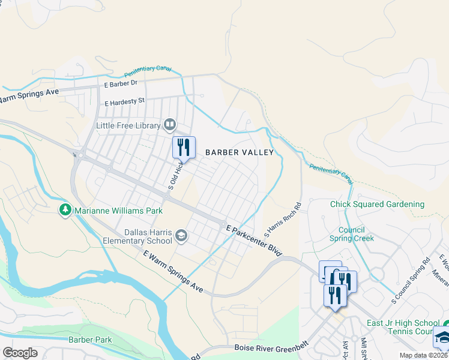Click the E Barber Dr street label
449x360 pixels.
coord(121,85)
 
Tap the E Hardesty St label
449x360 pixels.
coord(125,102)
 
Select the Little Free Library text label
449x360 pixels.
coord(128,125)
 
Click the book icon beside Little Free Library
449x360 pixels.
coord(170,125)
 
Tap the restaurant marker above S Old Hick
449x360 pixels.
coord(184,147)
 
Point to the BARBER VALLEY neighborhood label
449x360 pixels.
coord(240,152)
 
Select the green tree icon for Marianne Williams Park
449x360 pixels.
coord(65,211)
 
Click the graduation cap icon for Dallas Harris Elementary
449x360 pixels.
coord(181,236)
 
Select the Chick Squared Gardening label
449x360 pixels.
coord(377,204)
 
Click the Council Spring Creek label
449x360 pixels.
coord(352,234)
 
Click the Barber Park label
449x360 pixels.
coord(90,340)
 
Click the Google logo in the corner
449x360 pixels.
coord(20,352)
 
